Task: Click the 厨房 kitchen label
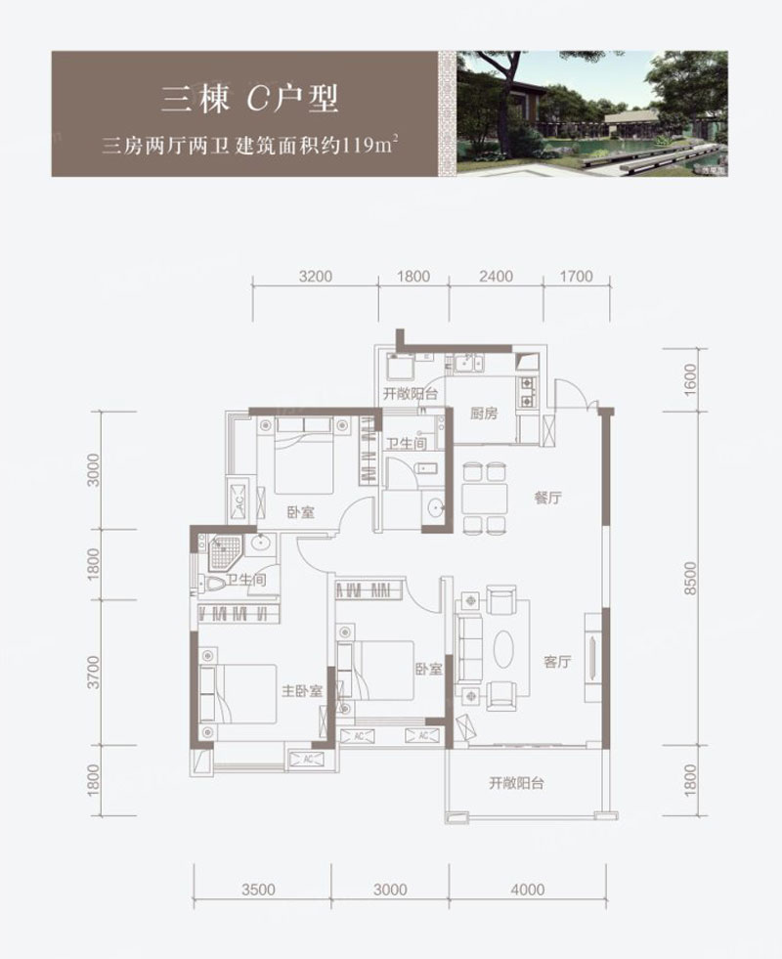(x=484, y=414)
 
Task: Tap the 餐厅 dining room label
(x=547, y=498)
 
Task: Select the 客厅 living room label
(x=557, y=662)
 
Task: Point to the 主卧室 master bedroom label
(x=301, y=691)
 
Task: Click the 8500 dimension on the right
(x=690, y=579)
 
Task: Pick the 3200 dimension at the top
(x=316, y=277)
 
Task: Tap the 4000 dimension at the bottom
(x=527, y=890)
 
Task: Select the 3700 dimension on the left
(x=93, y=673)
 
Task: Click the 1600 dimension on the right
(x=690, y=380)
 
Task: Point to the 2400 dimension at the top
(x=496, y=277)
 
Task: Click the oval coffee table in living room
(x=503, y=649)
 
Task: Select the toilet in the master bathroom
(x=211, y=584)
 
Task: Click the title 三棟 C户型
(x=250, y=99)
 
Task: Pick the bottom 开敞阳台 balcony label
(x=517, y=783)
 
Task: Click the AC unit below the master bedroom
(x=309, y=759)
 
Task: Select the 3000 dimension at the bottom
(x=389, y=890)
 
